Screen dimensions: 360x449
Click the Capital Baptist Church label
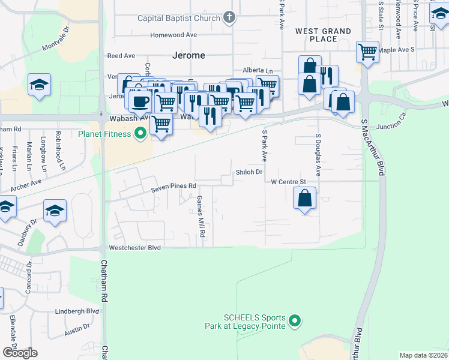click(179, 18)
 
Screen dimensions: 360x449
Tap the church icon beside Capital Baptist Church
click(229, 17)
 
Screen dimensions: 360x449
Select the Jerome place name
click(189, 55)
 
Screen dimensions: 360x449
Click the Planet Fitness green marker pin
click(141, 133)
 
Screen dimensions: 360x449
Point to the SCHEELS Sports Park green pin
click(294, 322)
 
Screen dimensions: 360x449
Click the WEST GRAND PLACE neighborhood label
click(323, 35)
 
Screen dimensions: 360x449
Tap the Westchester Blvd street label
click(134, 247)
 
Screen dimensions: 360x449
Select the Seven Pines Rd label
click(173, 187)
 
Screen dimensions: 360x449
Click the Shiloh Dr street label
click(249, 172)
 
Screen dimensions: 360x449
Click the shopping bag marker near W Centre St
click(305, 197)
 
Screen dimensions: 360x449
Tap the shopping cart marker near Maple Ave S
click(367, 51)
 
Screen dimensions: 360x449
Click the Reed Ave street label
click(121, 56)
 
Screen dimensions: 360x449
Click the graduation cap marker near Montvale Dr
click(39, 85)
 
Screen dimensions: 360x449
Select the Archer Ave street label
click(26, 182)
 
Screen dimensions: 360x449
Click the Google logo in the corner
click(20, 352)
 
